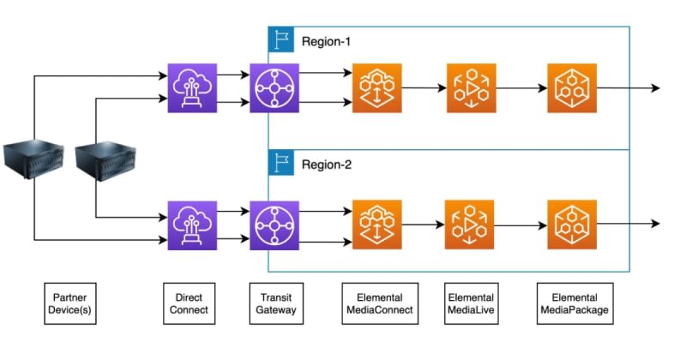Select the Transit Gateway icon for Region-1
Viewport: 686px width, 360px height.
click(x=274, y=88)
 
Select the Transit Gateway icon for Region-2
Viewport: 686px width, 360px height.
click(x=274, y=225)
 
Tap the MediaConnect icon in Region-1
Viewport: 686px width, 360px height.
click(x=377, y=88)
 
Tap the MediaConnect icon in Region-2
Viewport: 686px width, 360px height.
click(x=377, y=225)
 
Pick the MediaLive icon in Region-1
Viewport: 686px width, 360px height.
click(x=471, y=88)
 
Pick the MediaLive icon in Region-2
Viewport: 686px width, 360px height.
click(x=470, y=225)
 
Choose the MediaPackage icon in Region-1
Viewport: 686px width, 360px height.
click(x=572, y=88)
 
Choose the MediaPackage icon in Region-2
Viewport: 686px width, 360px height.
click(x=572, y=225)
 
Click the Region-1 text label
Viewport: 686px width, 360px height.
click(x=327, y=40)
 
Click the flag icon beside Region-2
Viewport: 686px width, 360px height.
click(x=281, y=163)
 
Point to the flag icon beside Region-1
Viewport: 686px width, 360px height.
click(x=281, y=39)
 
